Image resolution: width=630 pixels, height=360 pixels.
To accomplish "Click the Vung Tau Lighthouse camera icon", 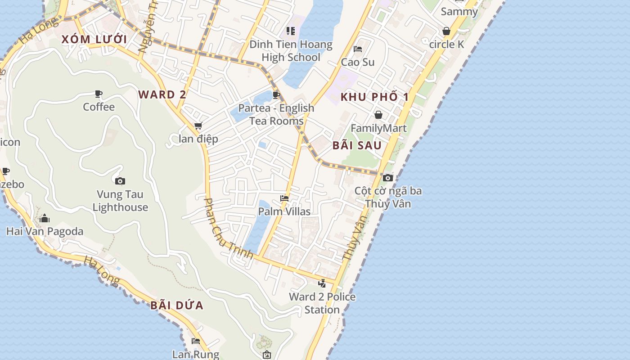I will click(x=120, y=181).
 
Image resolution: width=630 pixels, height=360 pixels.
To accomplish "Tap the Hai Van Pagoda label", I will click(x=45, y=231).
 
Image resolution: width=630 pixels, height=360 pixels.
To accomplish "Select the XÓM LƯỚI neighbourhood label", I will click(x=94, y=39).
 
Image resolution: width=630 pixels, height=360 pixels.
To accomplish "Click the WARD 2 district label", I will click(x=162, y=94).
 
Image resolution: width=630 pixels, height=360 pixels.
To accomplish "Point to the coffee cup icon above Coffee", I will click(x=99, y=94).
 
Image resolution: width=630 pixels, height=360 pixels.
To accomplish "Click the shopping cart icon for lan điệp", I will click(x=198, y=126).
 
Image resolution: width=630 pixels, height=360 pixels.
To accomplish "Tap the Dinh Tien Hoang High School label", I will click(x=291, y=51).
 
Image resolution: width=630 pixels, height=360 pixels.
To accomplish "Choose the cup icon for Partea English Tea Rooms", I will click(x=276, y=95).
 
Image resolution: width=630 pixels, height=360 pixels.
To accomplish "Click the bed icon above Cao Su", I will click(x=358, y=49).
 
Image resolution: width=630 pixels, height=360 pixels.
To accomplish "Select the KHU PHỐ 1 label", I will click(x=374, y=97).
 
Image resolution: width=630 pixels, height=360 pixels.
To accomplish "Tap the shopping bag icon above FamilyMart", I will click(x=378, y=115).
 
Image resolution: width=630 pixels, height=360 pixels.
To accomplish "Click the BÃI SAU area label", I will click(x=357, y=145).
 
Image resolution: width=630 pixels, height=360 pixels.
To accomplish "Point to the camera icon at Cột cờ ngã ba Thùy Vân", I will click(x=388, y=178).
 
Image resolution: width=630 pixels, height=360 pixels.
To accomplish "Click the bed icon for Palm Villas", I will click(x=284, y=198).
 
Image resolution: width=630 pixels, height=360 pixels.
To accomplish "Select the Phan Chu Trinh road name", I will click(x=228, y=229).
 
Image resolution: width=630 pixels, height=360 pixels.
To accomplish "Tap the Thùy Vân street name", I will click(x=354, y=238).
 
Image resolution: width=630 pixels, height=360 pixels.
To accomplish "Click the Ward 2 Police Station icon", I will click(x=322, y=283).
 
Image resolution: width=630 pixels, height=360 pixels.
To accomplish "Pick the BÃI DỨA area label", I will click(x=177, y=306).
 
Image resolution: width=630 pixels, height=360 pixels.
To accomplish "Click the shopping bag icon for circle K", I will click(x=446, y=31).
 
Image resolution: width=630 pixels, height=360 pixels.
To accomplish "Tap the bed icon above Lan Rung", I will click(x=196, y=341).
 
